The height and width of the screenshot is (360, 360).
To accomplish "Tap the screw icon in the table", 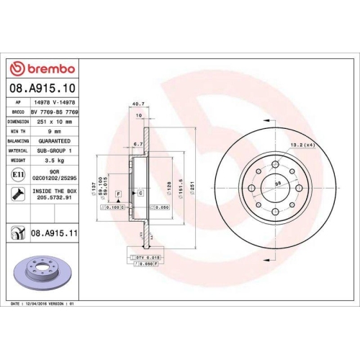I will coord(17,193).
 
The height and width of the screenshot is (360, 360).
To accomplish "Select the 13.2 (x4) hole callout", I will coord(305,146).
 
